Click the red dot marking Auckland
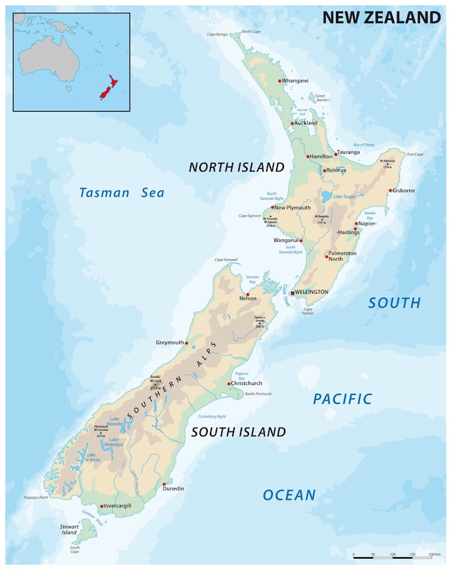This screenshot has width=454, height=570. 292,124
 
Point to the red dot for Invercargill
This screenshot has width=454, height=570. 102,506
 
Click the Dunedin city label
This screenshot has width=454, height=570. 174,488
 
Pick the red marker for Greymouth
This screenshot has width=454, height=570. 186,343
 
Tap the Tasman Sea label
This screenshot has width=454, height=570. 121,193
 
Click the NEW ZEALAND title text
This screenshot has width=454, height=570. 381,18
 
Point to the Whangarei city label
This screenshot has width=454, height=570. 295,81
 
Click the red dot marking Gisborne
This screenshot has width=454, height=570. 390,191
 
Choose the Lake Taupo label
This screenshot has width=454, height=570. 344,196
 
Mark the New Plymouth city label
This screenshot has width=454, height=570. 292,208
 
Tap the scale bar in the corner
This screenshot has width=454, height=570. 392,554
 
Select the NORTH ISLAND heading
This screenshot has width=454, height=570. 236,168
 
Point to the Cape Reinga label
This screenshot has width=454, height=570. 217,34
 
